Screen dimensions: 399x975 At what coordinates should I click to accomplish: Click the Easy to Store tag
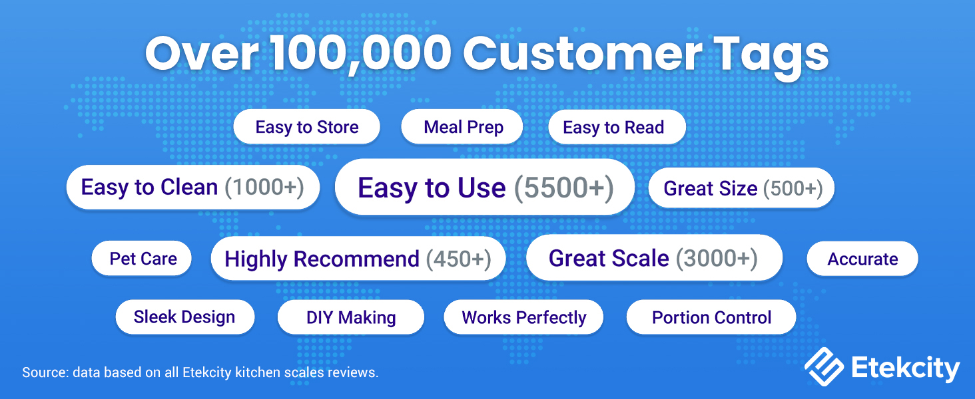[x=306, y=127]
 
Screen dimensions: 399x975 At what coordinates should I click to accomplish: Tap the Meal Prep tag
[x=463, y=127]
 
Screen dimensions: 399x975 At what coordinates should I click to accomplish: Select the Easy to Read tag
[x=613, y=128]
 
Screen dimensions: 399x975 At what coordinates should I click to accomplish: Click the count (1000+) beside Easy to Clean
[x=264, y=188]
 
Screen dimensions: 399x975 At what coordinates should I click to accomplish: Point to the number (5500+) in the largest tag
[x=563, y=188]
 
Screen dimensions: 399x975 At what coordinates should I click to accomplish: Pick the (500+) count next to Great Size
[x=793, y=189]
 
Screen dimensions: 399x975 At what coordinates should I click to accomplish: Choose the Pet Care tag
[x=143, y=259]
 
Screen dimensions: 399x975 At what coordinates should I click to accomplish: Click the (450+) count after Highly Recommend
[x=458, y=259]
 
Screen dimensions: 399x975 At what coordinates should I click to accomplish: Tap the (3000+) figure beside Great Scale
[x=717, y=258]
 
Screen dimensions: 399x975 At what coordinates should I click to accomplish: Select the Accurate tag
[x=862, y=259]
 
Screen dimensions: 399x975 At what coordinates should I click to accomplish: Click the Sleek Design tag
[x=184, y=317]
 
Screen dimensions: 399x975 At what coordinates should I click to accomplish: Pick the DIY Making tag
[x=351, y=318]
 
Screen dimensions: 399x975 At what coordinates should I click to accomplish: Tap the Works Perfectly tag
[x=524, y=318]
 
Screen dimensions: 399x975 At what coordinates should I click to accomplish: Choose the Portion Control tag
[x=711, y=318]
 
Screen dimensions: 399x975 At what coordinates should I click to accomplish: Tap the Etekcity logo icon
[x=824, y=368]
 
